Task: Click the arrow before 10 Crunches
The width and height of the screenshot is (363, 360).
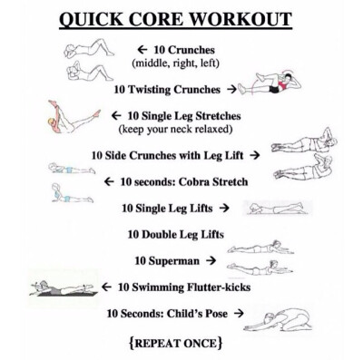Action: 142,50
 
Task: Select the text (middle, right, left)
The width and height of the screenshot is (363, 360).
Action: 181,63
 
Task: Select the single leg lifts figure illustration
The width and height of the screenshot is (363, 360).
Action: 279,209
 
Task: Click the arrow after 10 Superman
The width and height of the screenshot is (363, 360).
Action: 211,260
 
